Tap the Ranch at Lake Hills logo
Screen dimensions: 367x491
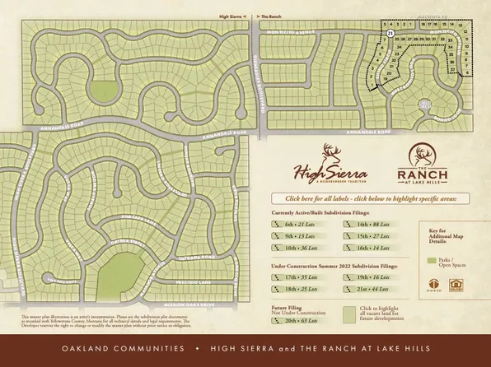click(x=422, y=165)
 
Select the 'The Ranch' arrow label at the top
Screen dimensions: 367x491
click(x=269, y=16)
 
